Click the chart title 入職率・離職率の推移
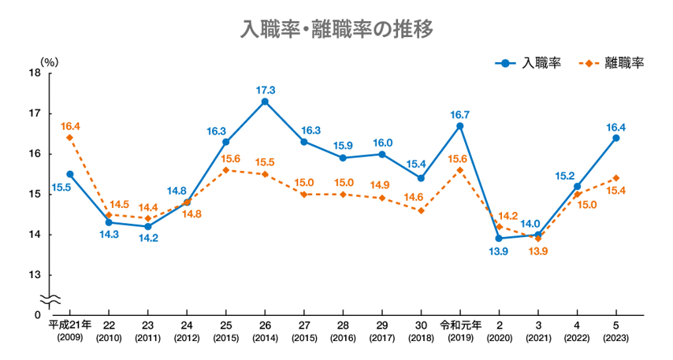[336, 30]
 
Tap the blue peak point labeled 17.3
[265, 102]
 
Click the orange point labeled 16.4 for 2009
[69, 138]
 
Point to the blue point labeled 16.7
[460, 126]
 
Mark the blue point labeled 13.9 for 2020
[499, 238]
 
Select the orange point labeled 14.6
[421, 210]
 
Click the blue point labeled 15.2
[577, 186]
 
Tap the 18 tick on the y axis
[35, 73]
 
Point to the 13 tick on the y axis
[35, 275]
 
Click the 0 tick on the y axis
[37, 315]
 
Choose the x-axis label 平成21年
[70, 324]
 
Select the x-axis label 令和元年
[460, 324]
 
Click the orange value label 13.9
[539, 251]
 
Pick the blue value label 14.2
[147, 239]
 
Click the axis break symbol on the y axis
[50, 300]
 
